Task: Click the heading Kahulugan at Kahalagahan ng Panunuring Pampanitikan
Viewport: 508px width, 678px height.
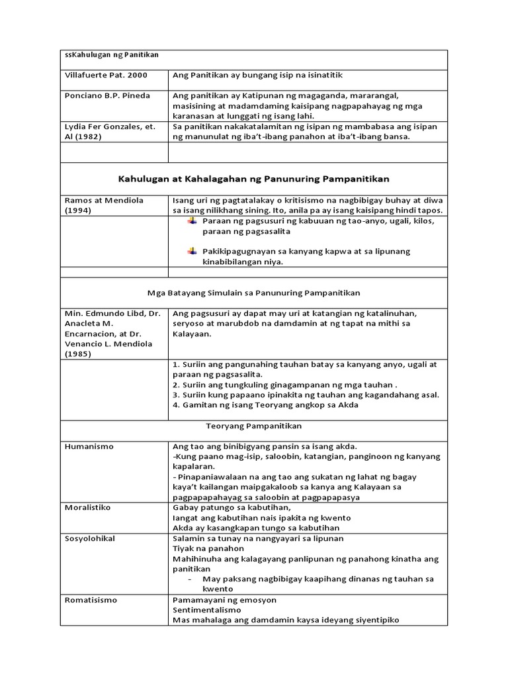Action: coord(253,179)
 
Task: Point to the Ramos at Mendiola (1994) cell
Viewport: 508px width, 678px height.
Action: coord(104,205)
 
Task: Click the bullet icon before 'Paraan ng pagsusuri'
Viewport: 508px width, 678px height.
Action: coord(192,220)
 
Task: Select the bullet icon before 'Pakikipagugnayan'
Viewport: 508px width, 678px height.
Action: coord(192,251)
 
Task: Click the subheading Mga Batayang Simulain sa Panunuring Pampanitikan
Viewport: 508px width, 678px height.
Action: coord(253,292)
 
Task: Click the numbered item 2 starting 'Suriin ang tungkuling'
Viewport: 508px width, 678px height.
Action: coord(284,385)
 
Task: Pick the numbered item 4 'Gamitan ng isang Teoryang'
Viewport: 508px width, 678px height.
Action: coord(265,405)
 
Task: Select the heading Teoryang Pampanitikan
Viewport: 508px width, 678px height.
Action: coord(253,426)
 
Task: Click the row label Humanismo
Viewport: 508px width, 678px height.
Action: coord(89,447)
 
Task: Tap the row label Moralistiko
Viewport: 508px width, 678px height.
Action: coord(87,507)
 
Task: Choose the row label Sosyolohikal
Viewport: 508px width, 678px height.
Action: coord(90,538)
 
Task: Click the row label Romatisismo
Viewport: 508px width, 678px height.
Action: coord(91,600)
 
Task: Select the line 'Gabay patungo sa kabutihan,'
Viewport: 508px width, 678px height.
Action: coord(222,507)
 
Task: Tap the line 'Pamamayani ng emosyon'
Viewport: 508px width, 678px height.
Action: coord(224,600)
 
